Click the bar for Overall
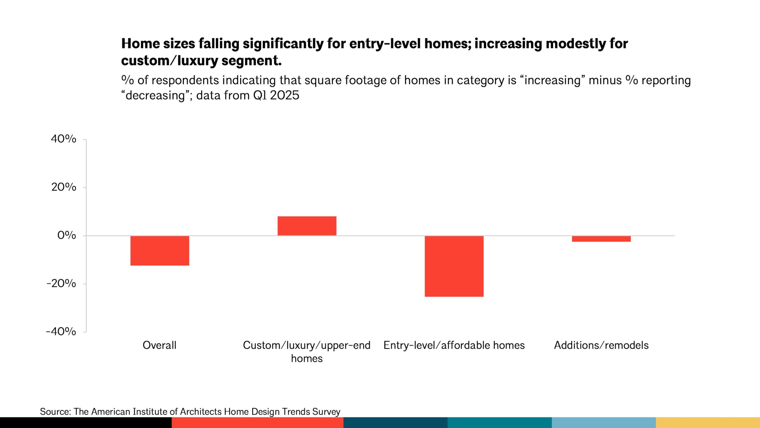pyautogui.click(x=160, y=251)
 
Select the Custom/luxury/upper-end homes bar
pyautogui.click(x=307, y=226)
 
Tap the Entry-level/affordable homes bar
pyautogui.click(x=454, y=266)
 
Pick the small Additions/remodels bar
pyautogui.click(x=601, y=239)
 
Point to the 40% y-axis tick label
pyautogui.click(x=64, y=139)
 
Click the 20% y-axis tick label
pyautogui.click(x=64, y=187)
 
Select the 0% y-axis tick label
pyautogui.click(x=66, y=235)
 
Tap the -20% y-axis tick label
pyautogui.click(x=61, y=284)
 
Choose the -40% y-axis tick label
pyautogui.click(x=61, y=332)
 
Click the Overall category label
pyautogui.click(x=159, y=345)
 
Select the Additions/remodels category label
pyautogui.click(x=601, y=345)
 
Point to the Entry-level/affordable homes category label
pyautogui.click(x=454, y=345)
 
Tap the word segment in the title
pyautogui.click(x=251, y=61)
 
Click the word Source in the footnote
pyautogui.click(x=55, y=412)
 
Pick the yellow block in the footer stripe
pyautogui.click(x=708, y=423)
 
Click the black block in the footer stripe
pyautogui.click(x=86, y=423)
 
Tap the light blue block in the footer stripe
pyautogui.click(x=604, y=423)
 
